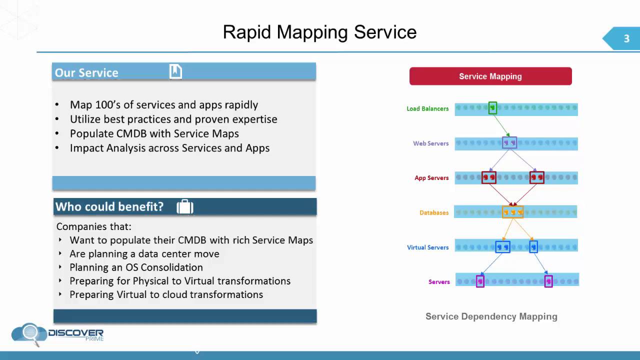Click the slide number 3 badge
tap(626, 39)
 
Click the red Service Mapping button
tap(490, 76)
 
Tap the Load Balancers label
tap(427, 108)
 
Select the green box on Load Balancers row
tap(492, 108)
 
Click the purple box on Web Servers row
tap(509, 143)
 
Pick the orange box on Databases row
tap(512, 212)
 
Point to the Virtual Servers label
tap(427, 247)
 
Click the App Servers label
tap(431, 178)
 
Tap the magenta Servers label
tap(439, 282)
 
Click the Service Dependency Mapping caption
tap(491, 316)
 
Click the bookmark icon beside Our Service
tap(175, 71)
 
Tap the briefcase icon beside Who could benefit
tap(185, 206)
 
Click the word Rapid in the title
tap(247, 32)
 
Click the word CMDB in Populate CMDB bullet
tap(133, 133)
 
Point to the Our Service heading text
tap(86, 72)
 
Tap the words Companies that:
tap(93, 226)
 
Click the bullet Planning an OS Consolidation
tap(136, 267)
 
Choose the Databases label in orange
tap(433, 213)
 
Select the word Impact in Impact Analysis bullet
tap(86, 148)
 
